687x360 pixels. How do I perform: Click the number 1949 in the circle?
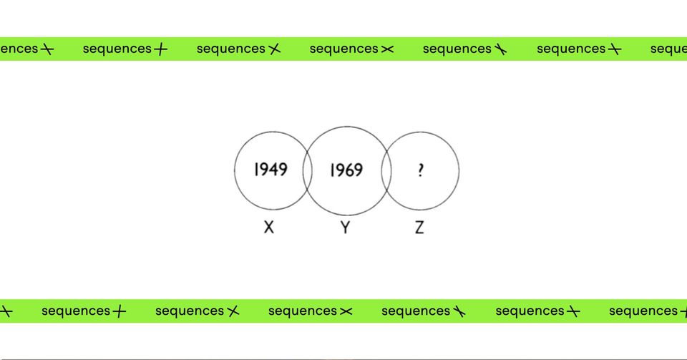(x=271, y=170)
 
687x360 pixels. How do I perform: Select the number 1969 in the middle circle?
(x=346, y=170)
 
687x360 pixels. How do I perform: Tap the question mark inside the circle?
(x=421, y=170)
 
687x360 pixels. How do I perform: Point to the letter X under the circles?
(x=269, y=227)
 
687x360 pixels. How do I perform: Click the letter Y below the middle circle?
(x=345, y=228)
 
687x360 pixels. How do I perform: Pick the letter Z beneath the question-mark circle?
(x=419, y=228)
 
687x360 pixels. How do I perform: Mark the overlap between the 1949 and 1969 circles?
(x=308, y=171)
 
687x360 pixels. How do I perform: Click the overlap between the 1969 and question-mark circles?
(x=386, y=171)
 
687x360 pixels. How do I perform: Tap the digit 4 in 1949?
(x=273, y=170)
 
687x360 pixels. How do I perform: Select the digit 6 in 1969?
(x=350, y=170)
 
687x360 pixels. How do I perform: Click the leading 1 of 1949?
(x=257, y=170)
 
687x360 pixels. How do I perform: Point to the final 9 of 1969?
(x=359, y=170)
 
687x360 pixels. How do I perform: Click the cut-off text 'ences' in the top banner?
(x=19, y=49)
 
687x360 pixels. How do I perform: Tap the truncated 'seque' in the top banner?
(x=668, y=49)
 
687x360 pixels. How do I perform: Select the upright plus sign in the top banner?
(x=160, y=49)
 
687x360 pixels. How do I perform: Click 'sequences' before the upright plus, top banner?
(x=117, y=49)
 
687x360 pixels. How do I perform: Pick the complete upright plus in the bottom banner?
(x=120, y=311)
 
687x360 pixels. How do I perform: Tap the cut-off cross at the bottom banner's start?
(x=6, y=311)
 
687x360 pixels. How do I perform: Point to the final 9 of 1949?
(x=283, y=170)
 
